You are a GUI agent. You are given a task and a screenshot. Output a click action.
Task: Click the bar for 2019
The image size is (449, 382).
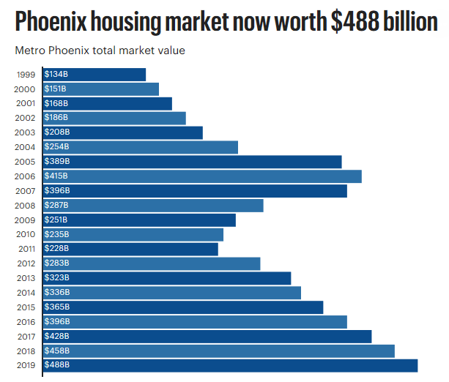pyautogui.click(x=230, y=365)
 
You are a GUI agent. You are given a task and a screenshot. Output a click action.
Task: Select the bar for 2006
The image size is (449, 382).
pyautogui.click(x=202, y=176)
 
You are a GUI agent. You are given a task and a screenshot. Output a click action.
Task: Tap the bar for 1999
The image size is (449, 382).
pyautogui.click(x=94, y=75)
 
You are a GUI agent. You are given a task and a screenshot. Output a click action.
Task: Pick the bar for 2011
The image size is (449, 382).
pyautogui.click(x=130, y=249)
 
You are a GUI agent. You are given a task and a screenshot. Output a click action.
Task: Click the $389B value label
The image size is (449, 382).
pyautogui.click(x=56, y=162)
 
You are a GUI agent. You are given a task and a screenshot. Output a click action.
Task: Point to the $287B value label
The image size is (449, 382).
pyautogui.click(x=56, y=206)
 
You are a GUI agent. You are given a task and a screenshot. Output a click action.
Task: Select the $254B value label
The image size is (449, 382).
pyautogui.click(x=56, y=147)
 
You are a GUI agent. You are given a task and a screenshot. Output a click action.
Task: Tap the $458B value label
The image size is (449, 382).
pyautogui.click(x=56, y=351)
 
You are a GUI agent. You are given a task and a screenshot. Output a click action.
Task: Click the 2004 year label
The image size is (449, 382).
pyautogui.click(x=25, y=147)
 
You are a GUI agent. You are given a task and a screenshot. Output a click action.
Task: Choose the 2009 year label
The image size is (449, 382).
pyautogui.click(x=25, y=220)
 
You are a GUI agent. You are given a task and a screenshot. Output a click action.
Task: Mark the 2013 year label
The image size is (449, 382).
pyautogui.click(x=25, y=278)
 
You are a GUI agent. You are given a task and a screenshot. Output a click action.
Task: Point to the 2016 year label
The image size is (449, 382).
pyautogui.click(x=25, y=321)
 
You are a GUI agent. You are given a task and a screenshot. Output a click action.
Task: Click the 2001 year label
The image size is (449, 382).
pyautogui.click(x=25, y=103)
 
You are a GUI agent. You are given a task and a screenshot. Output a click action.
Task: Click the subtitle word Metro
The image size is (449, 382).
pyautogui.click(x=30, y=51)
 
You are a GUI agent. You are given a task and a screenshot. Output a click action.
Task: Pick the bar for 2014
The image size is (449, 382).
pyautogui.click(x=172, y=293)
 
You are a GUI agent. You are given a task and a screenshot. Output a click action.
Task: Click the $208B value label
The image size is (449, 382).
pyautogui.click(x=56, y=132)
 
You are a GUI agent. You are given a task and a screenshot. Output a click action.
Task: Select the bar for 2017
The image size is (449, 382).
pyautogui.click(x=207, y=336)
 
